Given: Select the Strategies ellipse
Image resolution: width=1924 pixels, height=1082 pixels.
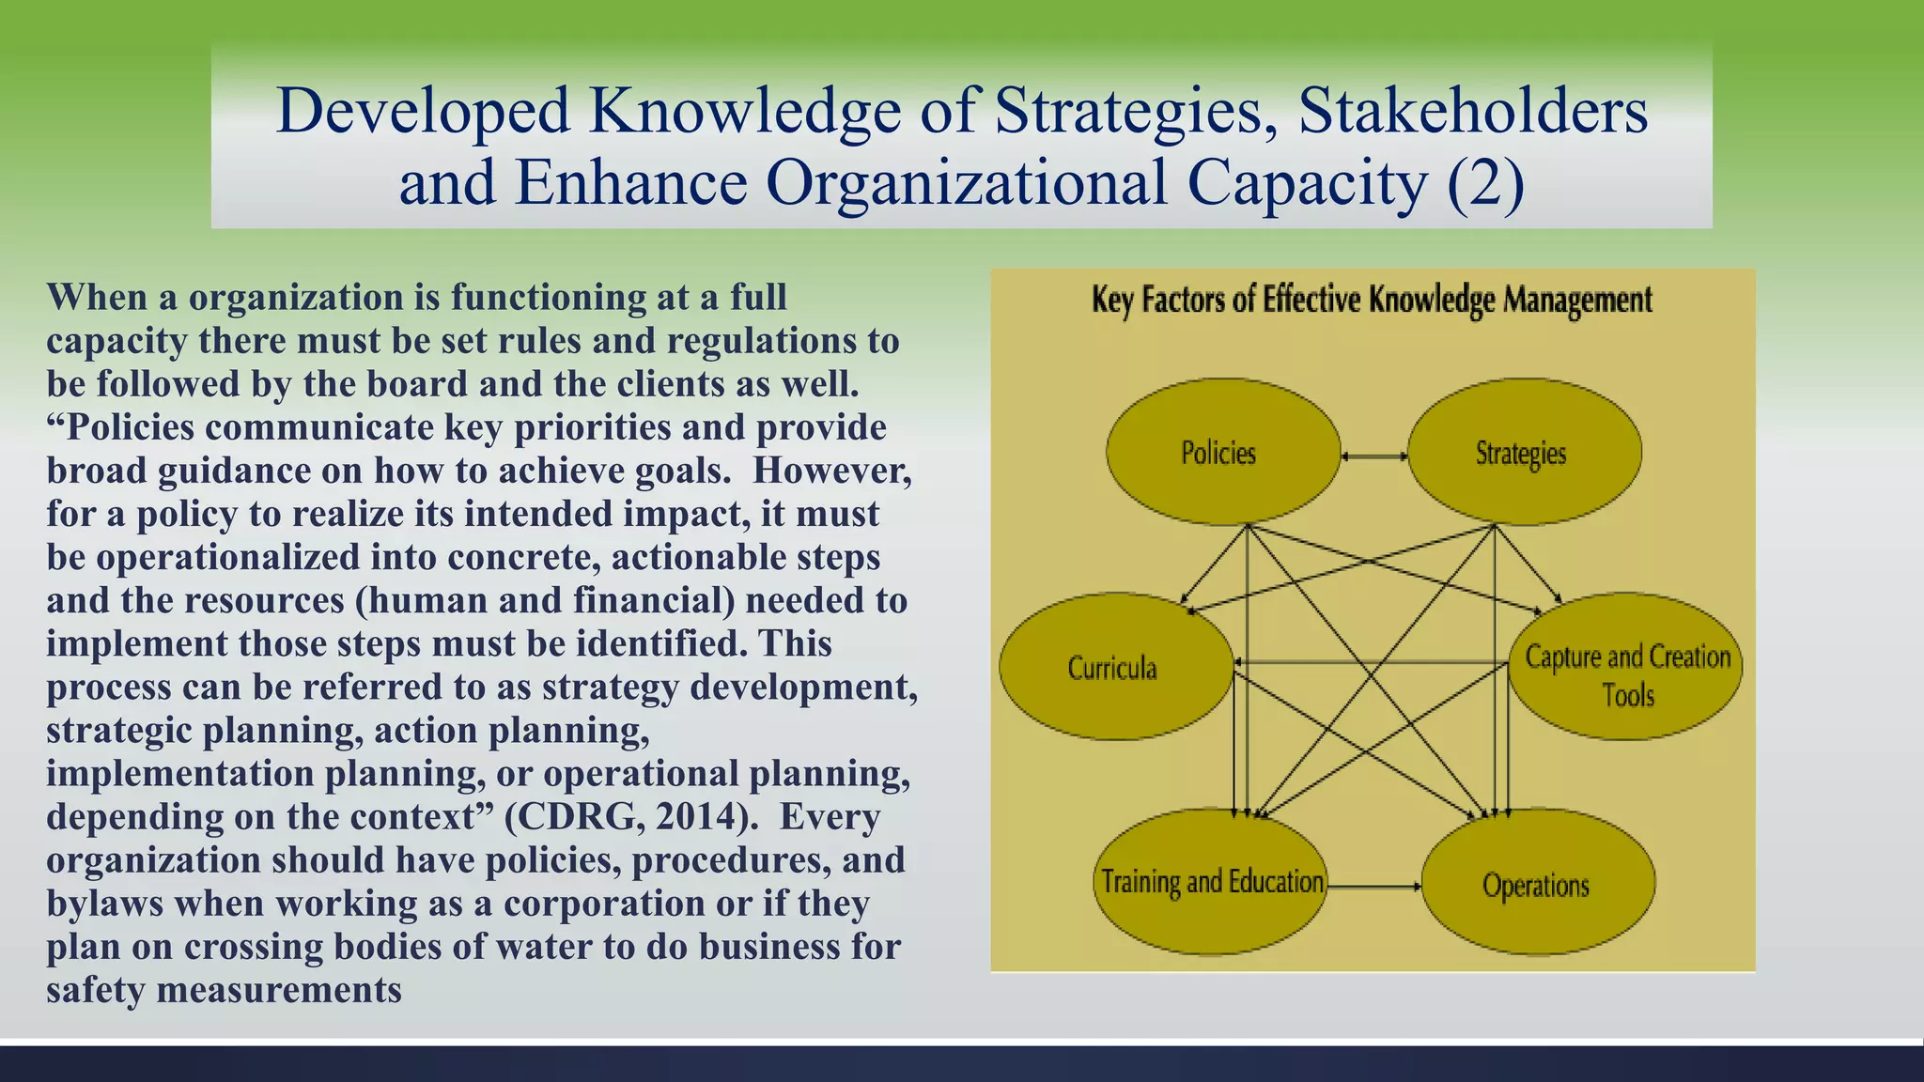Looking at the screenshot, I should tap(1524, 452).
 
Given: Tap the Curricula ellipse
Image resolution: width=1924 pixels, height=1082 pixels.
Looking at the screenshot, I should tap(1115, 667).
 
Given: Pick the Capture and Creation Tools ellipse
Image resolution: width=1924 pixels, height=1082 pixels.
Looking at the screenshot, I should tap(1625, 667).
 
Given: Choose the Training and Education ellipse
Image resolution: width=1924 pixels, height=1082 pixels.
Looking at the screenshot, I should tap(1210, 882).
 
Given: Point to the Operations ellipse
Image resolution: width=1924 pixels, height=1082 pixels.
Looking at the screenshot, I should tap(1538, 884).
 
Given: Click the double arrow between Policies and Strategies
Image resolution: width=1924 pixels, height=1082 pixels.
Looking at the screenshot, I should tap(1373, 456).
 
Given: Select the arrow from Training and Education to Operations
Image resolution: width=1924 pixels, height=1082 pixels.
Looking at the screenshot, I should tap(1373, 886).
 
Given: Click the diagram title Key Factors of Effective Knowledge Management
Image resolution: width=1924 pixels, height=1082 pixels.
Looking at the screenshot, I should tap(1372, 301).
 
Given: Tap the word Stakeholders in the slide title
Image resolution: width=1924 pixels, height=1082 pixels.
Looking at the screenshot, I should tap(1472, 111).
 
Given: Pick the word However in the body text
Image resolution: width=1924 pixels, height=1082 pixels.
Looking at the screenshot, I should tap(831, 470).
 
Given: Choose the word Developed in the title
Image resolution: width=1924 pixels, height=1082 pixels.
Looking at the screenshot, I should tap(424, 111).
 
